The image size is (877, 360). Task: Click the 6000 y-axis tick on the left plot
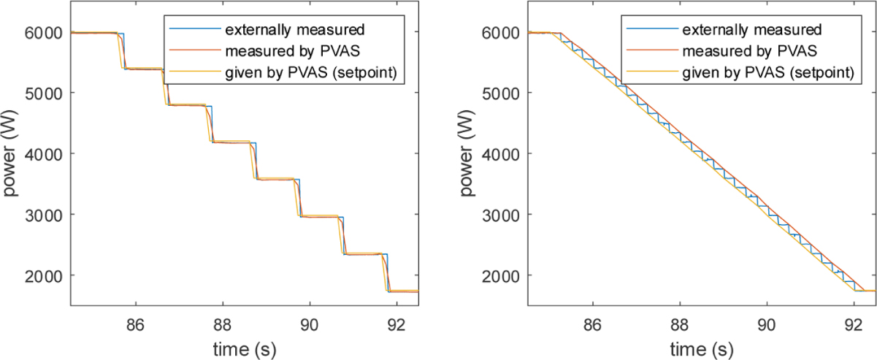coord(46,33)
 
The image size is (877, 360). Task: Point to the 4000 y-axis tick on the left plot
coord(46,154)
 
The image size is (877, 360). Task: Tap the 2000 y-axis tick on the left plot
coord(46,275)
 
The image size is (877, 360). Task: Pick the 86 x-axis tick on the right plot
coord(592,321)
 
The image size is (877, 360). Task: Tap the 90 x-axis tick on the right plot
coord(767,321)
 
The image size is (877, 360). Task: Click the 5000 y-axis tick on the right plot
coord(503,93)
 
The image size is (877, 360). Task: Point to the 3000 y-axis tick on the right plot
coord(503,215)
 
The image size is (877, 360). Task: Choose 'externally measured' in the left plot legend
coord(294,31)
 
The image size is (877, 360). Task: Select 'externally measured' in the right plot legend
coord(752,31)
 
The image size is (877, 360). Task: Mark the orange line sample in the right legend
coord(651,52)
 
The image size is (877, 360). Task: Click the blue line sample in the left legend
coord(194,31)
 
